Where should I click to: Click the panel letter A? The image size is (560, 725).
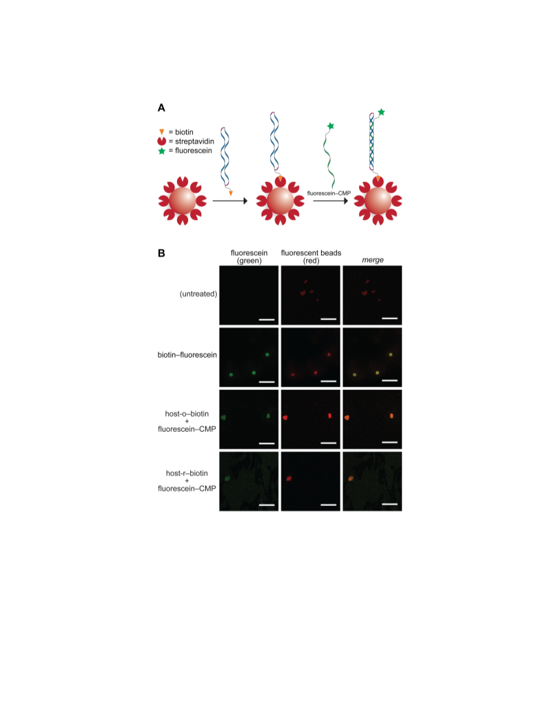[161, 108]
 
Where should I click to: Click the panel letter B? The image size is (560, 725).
[161, 253]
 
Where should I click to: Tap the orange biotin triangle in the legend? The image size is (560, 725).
[162, 132]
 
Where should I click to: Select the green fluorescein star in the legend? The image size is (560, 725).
[162, 151]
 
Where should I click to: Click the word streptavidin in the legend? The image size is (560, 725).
[194, 141]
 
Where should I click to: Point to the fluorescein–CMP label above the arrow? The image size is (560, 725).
[329, 194]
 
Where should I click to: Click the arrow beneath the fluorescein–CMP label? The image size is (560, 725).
[330, 201]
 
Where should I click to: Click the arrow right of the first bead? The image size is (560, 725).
[230, 201]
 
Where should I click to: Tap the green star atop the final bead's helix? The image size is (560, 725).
[381, 112]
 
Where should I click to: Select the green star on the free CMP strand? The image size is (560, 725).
[330, 126]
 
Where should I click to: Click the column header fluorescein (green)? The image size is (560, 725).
[249, 257]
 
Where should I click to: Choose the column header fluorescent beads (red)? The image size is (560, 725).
[311, 257]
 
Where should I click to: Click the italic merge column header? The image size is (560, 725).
[373, 260]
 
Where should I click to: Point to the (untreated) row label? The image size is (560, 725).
[198, 294]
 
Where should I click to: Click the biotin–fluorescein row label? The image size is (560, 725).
[187, 355]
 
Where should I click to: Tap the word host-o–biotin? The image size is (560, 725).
[187, 414]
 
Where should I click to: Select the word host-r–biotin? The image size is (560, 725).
[187, 473]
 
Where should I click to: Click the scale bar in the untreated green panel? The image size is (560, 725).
[266, 319]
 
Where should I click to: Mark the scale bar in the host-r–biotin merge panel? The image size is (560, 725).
[390, 504]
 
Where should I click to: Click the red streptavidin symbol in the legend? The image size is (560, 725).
[162, 141]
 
